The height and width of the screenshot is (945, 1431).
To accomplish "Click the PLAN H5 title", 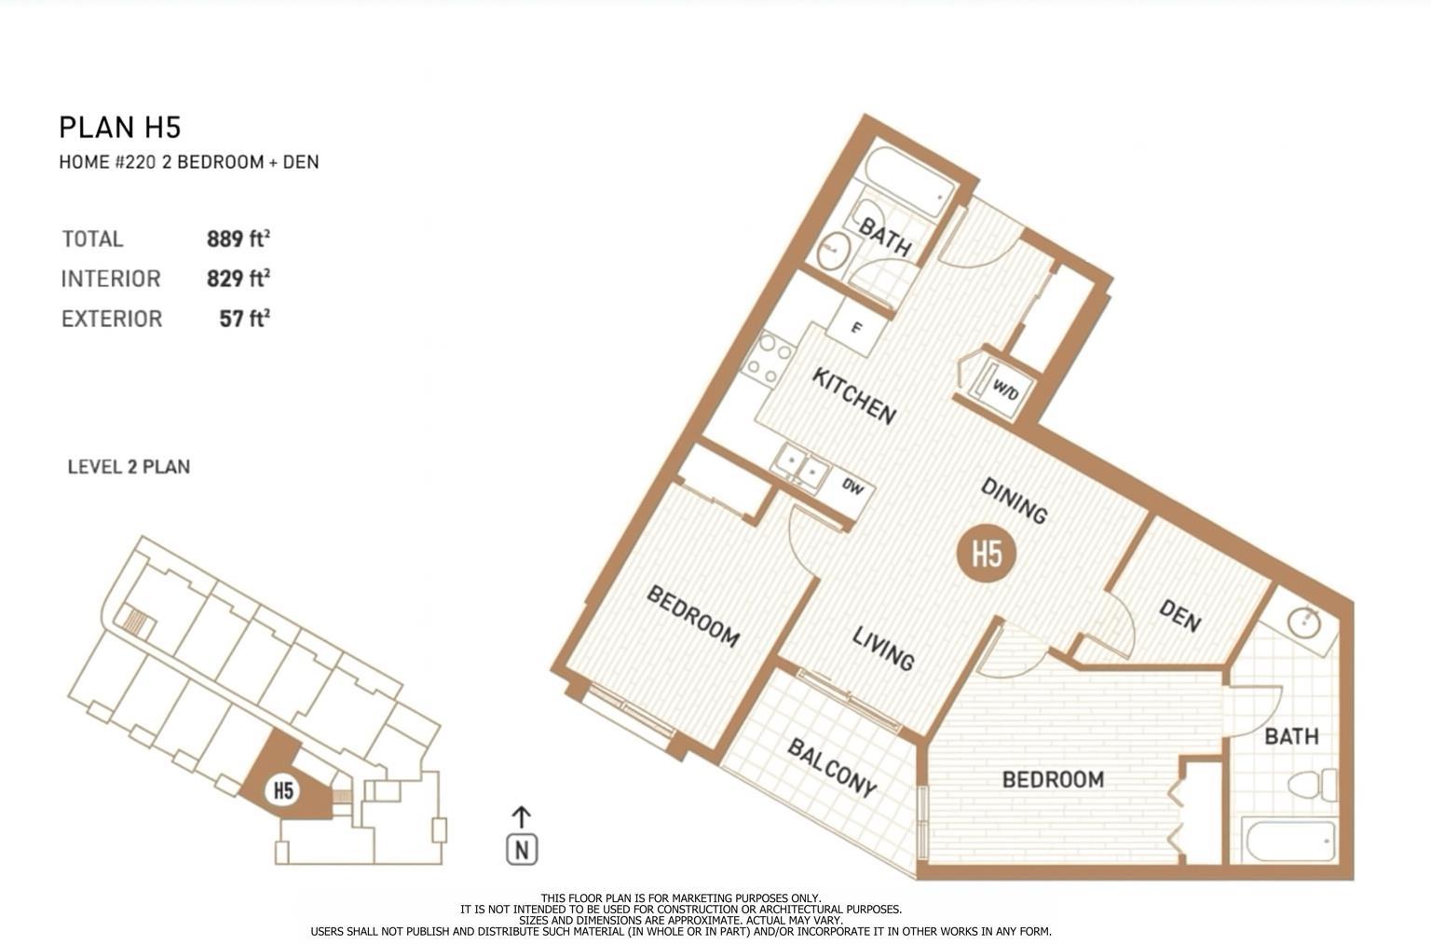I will [119, 127].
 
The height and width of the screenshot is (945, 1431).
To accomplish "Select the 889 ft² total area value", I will [238, 239].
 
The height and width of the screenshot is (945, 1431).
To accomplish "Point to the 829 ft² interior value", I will [238, 279].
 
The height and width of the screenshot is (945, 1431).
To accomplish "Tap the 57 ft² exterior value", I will [244, 319].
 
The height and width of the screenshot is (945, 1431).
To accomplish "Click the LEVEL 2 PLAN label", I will [129, 467].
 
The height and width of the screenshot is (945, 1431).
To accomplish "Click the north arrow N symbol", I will [522, 848].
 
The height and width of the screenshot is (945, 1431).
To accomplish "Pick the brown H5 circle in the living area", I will [987, 554].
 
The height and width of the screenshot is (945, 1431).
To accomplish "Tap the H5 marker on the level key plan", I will [283, 790].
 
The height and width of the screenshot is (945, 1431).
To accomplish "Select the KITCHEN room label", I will [853, 395].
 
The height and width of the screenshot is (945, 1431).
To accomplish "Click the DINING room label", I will [1015, 500].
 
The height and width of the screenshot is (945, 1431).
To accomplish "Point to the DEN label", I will [1179, 615].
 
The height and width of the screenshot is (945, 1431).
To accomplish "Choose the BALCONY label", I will [832, 768].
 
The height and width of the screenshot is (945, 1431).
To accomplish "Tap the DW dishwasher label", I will [852, 486].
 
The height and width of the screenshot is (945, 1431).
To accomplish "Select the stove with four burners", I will [768, 359].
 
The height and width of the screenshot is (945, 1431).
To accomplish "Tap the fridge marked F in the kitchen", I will [856, 328].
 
